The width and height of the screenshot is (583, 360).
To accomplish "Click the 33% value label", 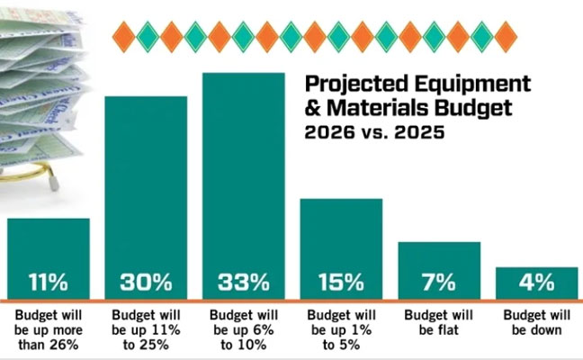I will (x=243, y=283).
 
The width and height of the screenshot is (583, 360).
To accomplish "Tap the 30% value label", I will (x=146, y=283).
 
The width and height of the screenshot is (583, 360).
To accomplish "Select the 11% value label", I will (x=49, y=283).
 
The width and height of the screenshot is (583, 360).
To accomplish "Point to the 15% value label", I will (x=340, y=283).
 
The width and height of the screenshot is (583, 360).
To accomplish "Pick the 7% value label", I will (x=438, y=283).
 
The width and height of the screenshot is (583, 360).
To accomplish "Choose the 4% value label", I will (x=535, y=283).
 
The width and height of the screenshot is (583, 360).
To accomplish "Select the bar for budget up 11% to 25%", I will (x=146, y=180).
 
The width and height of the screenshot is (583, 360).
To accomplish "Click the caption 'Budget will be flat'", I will (x=438, y=323).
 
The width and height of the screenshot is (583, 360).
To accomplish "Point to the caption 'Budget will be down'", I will (x=535, y=323).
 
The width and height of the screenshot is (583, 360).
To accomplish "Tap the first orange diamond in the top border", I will (x=123, y=37).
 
